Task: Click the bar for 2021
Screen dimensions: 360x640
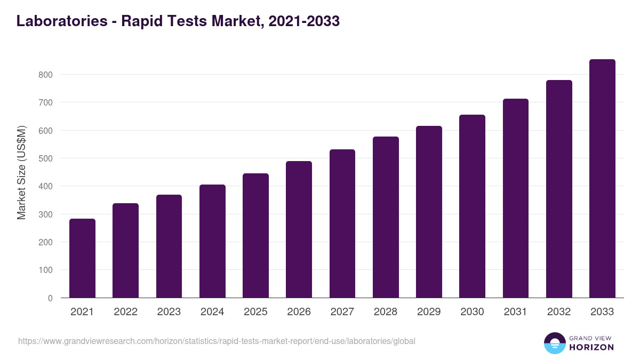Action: (x=82, y=258)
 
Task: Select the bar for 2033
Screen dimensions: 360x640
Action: (x=602, y=179)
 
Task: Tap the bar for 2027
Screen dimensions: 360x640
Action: (x=342, y=223)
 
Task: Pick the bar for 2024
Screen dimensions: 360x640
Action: (x=212, y=241)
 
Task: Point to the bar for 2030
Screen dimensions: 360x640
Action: (x=472, y=206)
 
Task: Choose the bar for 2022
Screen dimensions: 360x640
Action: (x=125, y=251)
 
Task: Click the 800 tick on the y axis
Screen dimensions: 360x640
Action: (x=45, y=75)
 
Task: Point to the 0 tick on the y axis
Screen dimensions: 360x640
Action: (x=50, y=298)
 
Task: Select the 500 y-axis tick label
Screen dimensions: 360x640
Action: (x=45, y=158)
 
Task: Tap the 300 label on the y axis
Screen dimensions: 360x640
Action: (x=45, y=214)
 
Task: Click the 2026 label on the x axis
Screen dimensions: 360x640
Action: (x=299, y=312)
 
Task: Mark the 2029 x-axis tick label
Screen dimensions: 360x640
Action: (x=429, y=312)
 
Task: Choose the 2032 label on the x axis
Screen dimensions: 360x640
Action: (x=559, y=312)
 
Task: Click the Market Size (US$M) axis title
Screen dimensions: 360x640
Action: (x=21, y=172)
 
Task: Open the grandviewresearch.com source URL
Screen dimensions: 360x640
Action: (x=217, y=341)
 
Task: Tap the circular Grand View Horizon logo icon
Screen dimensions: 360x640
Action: (x=554, y=343)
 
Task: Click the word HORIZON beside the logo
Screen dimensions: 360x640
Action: (x=590, y=347)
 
